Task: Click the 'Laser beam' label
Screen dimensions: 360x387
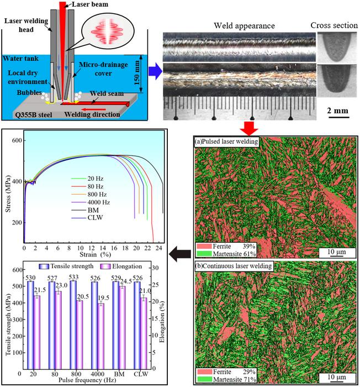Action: pyautogui.click(x=90, y=4)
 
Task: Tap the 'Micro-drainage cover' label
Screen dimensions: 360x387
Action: pyautogui.click(x=103, y=69)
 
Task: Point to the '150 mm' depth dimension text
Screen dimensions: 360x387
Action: pyautogui.click(x=137, y=72)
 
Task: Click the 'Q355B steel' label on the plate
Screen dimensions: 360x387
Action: pyautogui.click(x=34, y=115)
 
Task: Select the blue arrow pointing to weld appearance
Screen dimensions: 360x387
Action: pyautogui.click(x=155, y=72)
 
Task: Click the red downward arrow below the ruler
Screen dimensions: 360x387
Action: pyautogui.click(x=249, y=128)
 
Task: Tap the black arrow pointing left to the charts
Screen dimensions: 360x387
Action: pyautogui.click(x=180, y=253)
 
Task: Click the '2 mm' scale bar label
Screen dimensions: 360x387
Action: pyautogui.click(x=338, y=111)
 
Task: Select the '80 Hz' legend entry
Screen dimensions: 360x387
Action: pyautogui.click(x=95, y=186)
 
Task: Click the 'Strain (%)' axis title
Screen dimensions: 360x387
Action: pyautogui.click(x=95, y=254)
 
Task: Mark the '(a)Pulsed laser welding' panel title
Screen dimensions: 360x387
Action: pyautogui.click(x=226, y=142)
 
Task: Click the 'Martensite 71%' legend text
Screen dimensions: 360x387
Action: pyautogui.click(x=235, y=379)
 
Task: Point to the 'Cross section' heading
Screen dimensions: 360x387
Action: pyautogui.click(x=334, y=25)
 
